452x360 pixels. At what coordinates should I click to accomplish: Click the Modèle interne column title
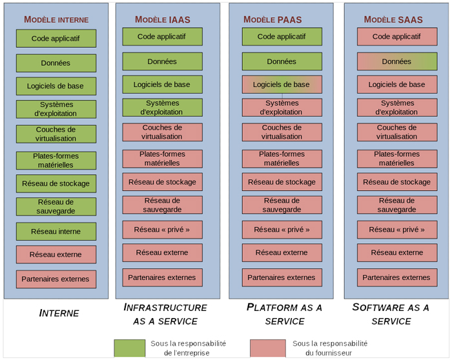tap(56, 19)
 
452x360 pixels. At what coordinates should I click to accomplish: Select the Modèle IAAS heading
tap(163, 19)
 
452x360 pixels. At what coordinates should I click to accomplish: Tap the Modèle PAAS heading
tap(272, 19)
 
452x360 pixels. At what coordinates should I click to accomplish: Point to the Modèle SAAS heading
tap(393, 19)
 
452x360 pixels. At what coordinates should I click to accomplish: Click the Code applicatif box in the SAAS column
tap(397, 37)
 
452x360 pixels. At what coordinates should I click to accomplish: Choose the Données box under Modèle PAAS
tap(282, 61)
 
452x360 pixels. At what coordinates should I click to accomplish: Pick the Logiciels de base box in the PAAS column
tap(282, 85)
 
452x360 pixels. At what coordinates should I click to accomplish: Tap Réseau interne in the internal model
tap(56, 232)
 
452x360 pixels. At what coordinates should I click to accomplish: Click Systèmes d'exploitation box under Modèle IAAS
tap(162, 108)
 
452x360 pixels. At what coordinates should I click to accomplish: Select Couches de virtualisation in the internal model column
tap(56, 134)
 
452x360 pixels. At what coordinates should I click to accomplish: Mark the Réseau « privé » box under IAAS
tap(162, 230)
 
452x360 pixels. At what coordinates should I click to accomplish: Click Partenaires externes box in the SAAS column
tap(397, 277)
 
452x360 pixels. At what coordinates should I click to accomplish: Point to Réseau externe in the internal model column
tap(56, 255)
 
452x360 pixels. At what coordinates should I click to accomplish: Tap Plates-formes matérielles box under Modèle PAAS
tap(282, 159)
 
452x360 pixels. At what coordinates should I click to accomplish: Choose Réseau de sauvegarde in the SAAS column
tap(397, 205)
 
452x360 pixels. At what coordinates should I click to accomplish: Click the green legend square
tap(129, 348)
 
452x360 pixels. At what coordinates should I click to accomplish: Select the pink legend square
tap(268, 348)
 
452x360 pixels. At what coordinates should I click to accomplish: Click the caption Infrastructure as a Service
tap(165, 314)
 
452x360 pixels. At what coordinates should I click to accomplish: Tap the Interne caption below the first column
tap(59, 313)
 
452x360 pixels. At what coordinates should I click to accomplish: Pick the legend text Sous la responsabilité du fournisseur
tap(330, 348)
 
